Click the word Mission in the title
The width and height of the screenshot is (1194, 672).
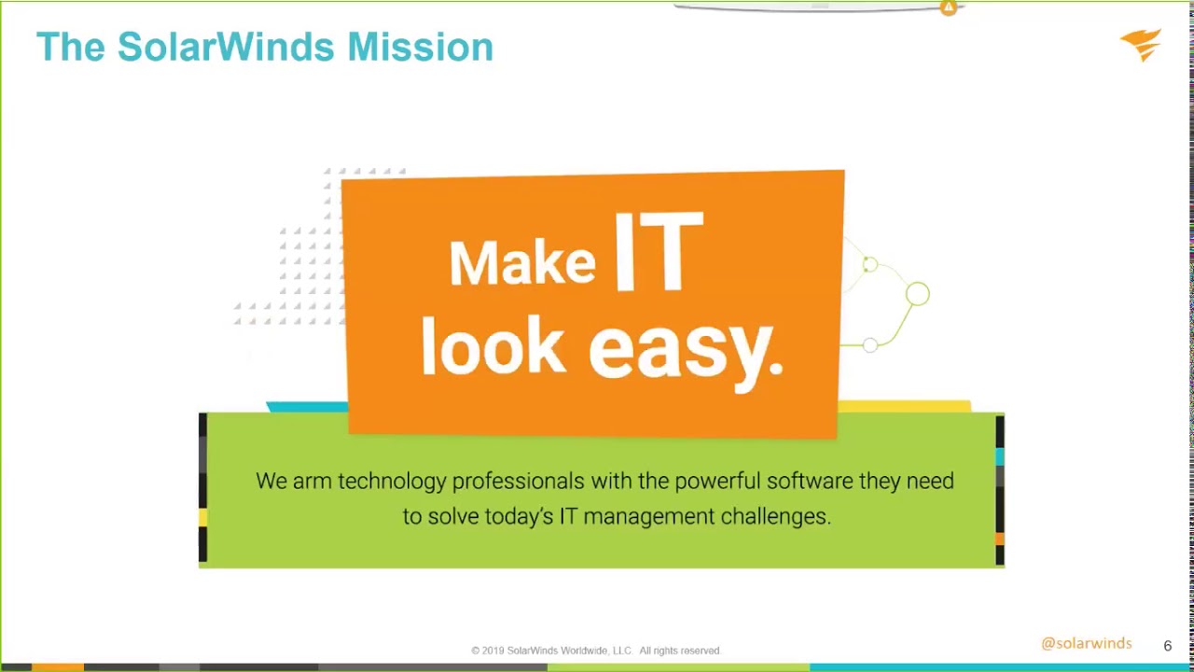click(420, 47)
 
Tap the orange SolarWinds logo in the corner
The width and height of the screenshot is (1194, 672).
click(1141, 44)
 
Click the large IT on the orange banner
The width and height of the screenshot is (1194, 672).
click(658, 252)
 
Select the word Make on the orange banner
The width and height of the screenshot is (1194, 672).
click(521, 262)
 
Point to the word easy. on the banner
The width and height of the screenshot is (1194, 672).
click(686, 349)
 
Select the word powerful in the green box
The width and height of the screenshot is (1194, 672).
click(716, 481)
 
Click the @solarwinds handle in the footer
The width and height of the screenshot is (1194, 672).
click(1086, 643)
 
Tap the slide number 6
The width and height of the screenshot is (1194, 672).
click(1167, 646)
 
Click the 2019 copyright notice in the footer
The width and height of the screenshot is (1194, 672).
click(596, 651)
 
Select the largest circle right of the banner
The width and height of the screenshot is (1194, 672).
click(917, 295)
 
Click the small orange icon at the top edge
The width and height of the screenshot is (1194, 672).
click(948, 8)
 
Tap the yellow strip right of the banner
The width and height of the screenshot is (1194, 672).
click(904, 406)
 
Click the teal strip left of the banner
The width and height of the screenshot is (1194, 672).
click(306, 407)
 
